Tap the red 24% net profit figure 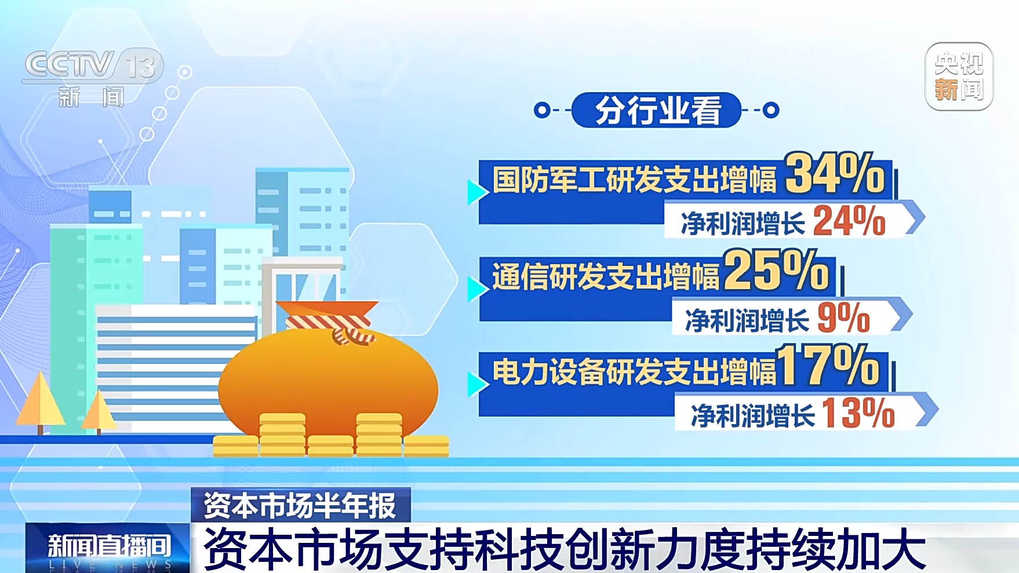(x=849, y=221)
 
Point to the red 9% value (x=844, y=317)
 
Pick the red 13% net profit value (x=858, y=413)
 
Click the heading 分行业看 (x=657, y=110)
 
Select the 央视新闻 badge (x=959, y=76)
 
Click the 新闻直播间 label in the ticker (x=109, y=546)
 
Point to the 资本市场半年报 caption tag (x=300, y=505)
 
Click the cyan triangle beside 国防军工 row (x=478, y=192)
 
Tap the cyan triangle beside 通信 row (x=478, y=289)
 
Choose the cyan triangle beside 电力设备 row (x=478, y=384)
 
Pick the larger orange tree (x=40, y=403)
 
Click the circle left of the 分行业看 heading (x=542, y=110)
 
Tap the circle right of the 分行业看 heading (x=771, y=110)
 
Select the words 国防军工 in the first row (x=548, y=179)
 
